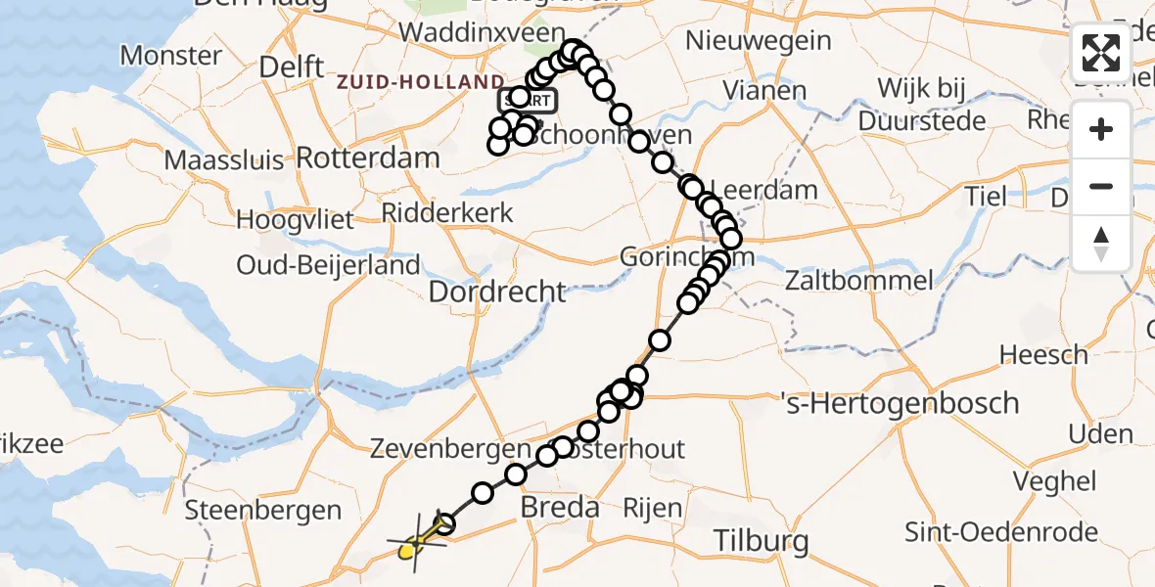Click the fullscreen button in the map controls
tap(1101, 53)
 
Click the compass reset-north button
tap(1101, 244)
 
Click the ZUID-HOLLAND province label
tap(420, 82)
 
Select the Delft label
tap(292, 68)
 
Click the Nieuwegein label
tap(759, 41)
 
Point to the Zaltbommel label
tap(859, 282)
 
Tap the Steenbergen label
tap(263, 510)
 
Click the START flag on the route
tap(529, 100)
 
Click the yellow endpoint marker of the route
tap(409, 551)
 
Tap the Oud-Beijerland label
tap(328, 265)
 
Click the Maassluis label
tap(224, 159)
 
